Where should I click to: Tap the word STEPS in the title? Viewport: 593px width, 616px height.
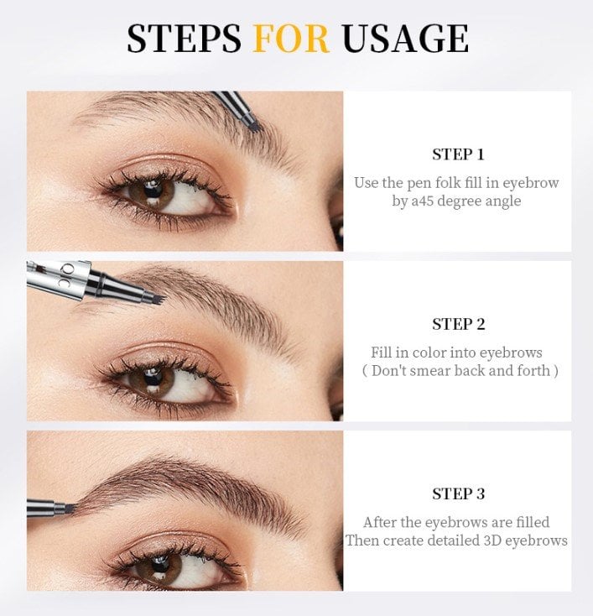pos(184,39)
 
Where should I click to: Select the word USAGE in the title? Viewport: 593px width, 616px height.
pos(404,39)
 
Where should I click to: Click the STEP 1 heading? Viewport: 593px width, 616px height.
pos(458,154)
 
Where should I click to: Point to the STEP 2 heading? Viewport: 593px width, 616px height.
pos(458,324)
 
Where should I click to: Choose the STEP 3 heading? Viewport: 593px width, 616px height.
pos(458,493)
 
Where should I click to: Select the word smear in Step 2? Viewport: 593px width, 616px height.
pos(434,371)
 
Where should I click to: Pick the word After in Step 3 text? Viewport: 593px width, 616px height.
pos(380,522)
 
